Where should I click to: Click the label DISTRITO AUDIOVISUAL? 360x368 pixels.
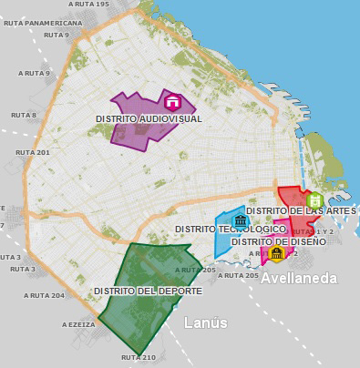click(149, 119)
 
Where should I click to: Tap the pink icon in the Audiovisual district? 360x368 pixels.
click(171, 100)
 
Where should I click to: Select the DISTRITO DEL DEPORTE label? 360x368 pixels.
click(147, 291)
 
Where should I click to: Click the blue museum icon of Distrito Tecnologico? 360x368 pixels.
click(241, 220)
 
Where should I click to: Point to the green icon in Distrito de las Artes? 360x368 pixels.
click(314, 199)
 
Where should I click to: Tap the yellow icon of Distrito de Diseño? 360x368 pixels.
click(276, 252)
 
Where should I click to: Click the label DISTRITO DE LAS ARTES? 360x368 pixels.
click(301, 210)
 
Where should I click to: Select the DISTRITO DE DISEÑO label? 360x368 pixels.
click(278, 241)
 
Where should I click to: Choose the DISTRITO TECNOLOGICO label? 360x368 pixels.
click(229, 229)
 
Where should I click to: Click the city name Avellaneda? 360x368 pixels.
click(300, 278)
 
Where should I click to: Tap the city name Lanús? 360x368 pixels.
click(204, 322)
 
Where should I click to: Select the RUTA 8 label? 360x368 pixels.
click(22, 115)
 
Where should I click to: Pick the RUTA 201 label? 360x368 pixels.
click(31, 152)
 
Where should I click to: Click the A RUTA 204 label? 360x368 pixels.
click(45, 295)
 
